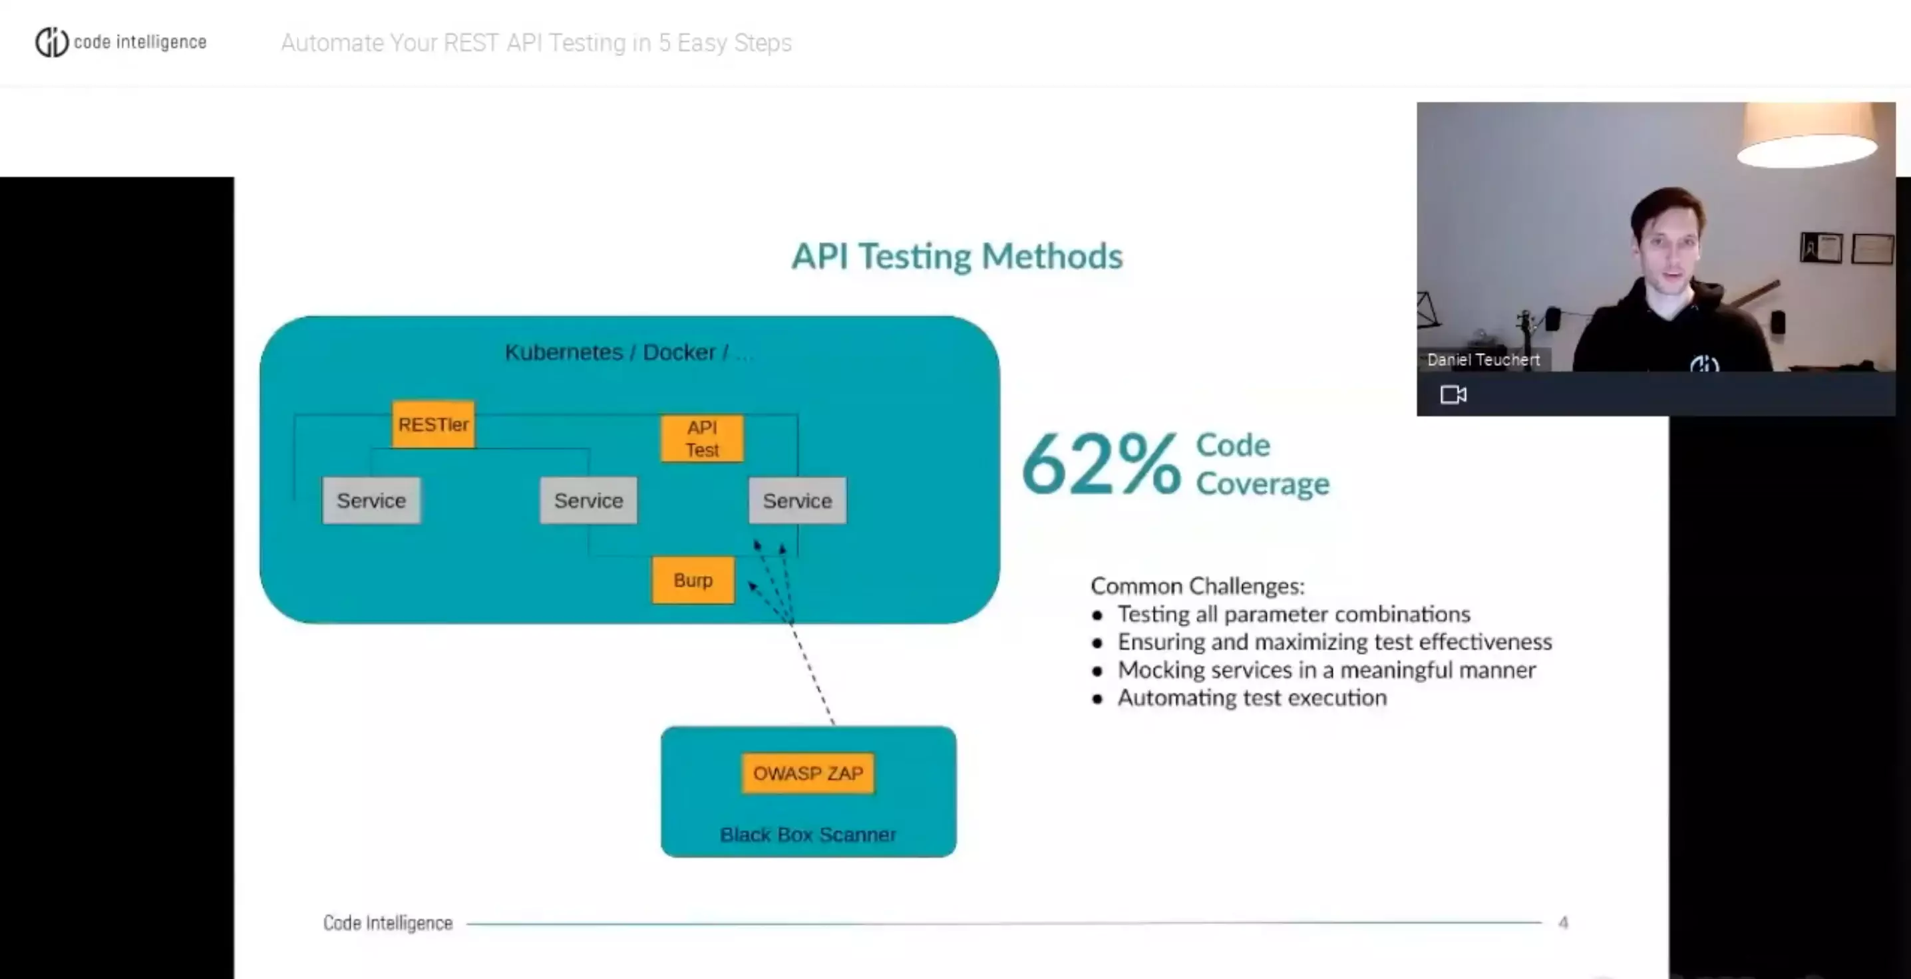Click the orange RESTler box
coord(433,424)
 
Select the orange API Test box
coord(702,438)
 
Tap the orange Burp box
coord(693,580)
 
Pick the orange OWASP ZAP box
coord(808,773)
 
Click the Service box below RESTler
coord(371,501)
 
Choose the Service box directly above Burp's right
coord(798,501)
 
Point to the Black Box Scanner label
coord(808,835)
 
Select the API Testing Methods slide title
coord(957,257)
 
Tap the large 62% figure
coord(1101,465)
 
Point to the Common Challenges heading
coord(1197,586)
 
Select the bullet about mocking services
coord(1326,670)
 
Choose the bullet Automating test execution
coord(1252,698)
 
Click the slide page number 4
coord(1563,922)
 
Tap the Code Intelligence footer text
coord(387,923)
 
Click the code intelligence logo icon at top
coord(52,43)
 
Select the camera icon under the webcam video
coord(1453,394)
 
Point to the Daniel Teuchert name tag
coord(1483,360)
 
